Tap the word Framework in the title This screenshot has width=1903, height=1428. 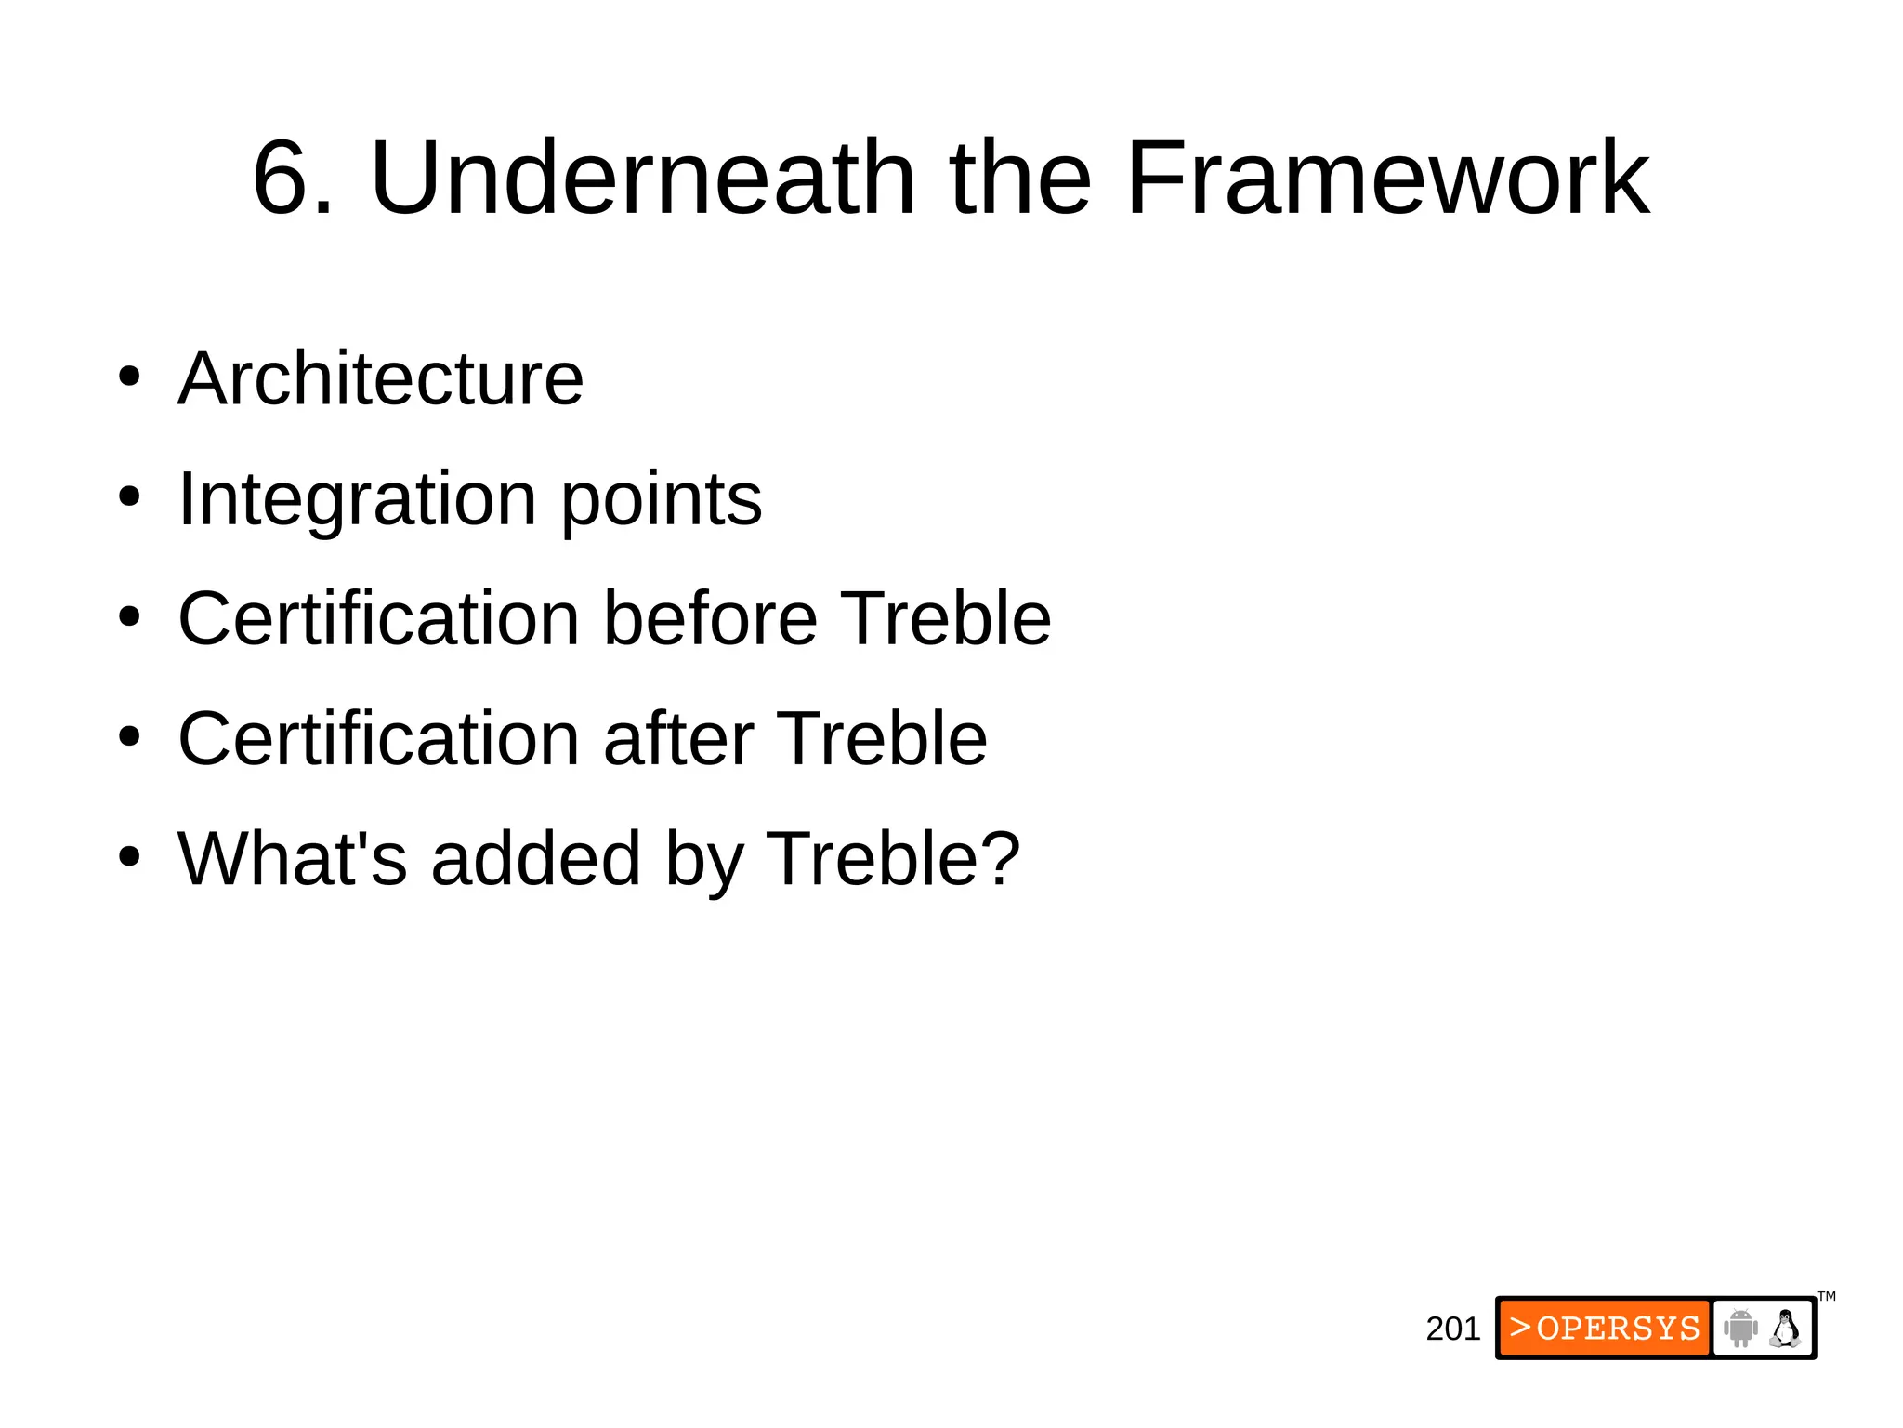[x=1387, y=178]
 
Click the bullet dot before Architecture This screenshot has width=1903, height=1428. [x=129, y=377]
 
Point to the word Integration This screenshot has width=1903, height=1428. [x=357, y=499]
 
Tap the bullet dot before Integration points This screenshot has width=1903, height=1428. [x=129, y=497]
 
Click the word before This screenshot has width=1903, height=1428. [x=711, y=618]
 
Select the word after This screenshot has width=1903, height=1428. [x=678, y=738]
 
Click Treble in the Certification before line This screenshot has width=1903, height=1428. [x=945, y=618]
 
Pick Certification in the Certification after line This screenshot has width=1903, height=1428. [x=379, y=738]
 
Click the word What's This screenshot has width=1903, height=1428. [x=293, y=858]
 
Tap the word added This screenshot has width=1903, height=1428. [x=536, y=858]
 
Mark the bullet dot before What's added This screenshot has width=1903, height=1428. [x=129, y=857]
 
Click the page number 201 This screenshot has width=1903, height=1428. [x=1452, y=1329]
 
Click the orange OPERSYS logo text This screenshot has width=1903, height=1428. [x=1605, y=1328]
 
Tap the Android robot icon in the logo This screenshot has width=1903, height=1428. [x=1739, y=1328]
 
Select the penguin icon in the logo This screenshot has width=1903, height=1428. [x=1785, y=1328]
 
